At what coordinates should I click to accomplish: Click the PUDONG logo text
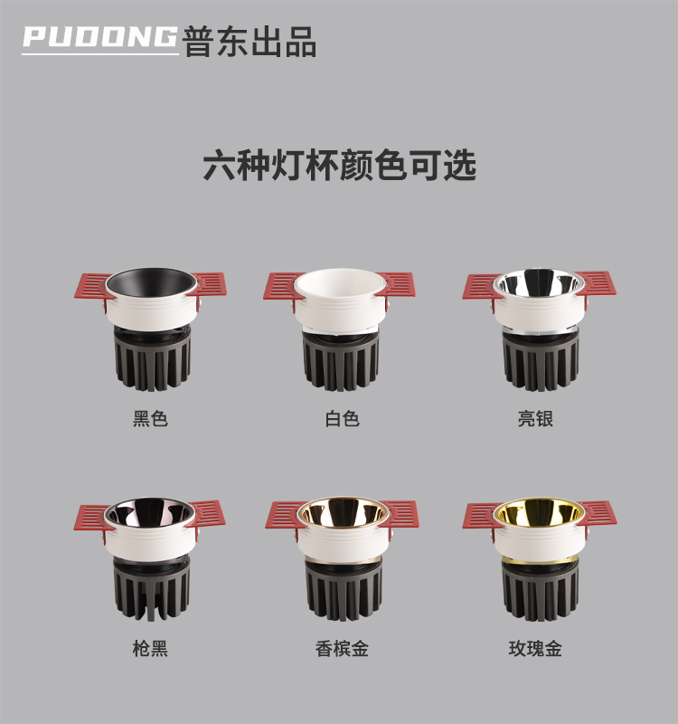[99, 36]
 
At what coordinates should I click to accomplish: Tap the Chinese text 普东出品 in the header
[250, 42]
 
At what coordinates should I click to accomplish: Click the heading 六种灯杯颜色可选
[340, 165]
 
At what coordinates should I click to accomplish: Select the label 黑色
[150, 419]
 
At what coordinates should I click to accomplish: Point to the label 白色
[342, 419]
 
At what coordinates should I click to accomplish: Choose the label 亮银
[535, 419]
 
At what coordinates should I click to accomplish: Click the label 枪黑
[150, 648]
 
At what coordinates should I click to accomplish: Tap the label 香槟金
[342, 648]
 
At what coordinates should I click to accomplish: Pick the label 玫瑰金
[535, 648]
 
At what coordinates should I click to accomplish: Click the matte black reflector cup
[151, 282]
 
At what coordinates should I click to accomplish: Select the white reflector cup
[340, 282]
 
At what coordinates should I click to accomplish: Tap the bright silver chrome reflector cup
[538, 281]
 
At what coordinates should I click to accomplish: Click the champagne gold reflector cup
[343, 511]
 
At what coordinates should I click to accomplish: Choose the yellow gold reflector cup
[539, 511]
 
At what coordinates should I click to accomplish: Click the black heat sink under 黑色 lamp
[152, 358]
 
